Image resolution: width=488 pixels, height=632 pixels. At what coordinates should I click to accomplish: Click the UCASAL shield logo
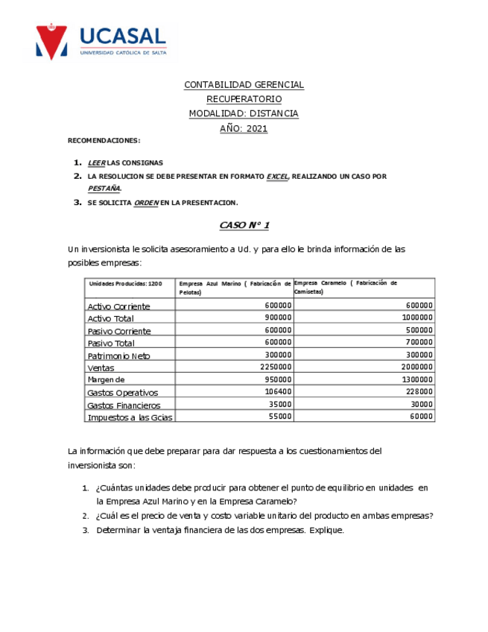(51, 42)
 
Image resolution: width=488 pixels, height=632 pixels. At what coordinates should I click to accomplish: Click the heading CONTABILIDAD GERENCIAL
(244, 85)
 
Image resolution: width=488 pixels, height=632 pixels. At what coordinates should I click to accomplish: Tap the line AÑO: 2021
(244, 128)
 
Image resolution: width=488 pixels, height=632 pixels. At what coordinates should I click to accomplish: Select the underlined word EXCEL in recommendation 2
(277, 177)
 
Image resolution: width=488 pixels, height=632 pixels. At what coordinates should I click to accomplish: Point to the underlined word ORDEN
(146, 203)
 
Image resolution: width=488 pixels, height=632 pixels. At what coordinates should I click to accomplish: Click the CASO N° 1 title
(244, 225)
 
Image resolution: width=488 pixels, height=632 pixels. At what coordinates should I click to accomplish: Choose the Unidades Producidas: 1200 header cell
(125, 284)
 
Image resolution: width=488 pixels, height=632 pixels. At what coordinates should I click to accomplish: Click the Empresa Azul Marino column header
(234, 288)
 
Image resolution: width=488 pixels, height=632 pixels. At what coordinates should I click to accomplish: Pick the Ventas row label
(101, 368)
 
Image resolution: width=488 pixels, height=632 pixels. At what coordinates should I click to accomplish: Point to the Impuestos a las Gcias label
(130, 417)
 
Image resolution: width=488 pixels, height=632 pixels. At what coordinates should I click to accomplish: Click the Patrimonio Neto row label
(118, 355)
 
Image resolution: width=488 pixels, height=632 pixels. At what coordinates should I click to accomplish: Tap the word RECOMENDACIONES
(104, 141)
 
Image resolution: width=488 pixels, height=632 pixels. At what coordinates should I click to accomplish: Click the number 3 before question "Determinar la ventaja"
(86, 530)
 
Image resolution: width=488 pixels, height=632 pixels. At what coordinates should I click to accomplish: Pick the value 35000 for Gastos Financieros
(280, 405)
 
